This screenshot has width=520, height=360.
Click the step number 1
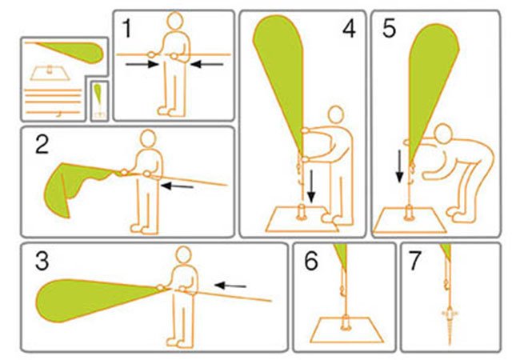tap(127, 28)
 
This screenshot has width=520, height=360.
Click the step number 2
tap(42, 145)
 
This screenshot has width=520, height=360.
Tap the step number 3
tap(42, 261)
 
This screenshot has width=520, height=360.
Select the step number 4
tap(349, 29)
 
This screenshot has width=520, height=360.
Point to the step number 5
tap(390, 29)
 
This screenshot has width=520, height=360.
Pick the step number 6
tap(311, 261)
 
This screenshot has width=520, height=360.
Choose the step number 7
tap(415, 261)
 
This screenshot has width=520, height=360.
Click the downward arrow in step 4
tap(310, 186)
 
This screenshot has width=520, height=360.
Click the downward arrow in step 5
tap(400, 166)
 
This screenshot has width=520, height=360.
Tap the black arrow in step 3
tap(230, 286)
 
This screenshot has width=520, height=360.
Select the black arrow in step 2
tap(177, 186)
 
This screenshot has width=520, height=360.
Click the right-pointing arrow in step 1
tap(142, 64)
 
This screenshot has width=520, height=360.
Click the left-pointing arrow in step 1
tap(207, 64)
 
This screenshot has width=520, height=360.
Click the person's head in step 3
tap(183, 255)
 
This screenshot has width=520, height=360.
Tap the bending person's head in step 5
tap(443, 134)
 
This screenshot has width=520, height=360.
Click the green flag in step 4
tap(280, 83)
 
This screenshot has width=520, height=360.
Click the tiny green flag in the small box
tap(98, 93)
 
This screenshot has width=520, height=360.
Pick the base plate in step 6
tap(347, 330)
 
